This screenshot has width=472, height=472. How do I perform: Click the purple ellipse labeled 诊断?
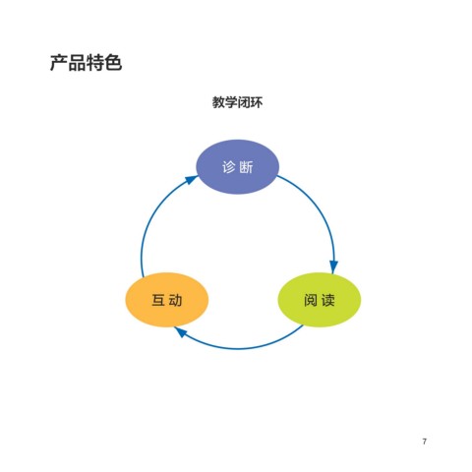click(237, 167)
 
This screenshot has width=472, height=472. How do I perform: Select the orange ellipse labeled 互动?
click(167, 300)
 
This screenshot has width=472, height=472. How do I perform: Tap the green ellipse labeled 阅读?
click(320, 300)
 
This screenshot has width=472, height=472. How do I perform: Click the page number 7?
click(425, 442)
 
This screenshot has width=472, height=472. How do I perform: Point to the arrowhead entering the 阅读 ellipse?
click(333, 267)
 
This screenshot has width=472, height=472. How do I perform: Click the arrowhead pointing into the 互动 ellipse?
click(181, 332)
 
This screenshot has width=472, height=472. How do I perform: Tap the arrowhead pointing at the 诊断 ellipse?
click(191, 180)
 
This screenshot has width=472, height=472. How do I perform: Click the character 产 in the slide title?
click(59, 63)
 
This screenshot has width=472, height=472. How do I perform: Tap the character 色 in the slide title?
click(113, 63)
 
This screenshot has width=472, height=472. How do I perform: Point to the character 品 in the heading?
click(77, 63)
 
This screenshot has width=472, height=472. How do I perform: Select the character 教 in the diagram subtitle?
click(218, 102)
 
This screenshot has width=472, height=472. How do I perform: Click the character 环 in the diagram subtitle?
click(257, 102)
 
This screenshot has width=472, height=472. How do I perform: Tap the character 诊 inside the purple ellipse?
click(229, 167)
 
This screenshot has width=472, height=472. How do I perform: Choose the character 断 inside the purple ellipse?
click(246, 167)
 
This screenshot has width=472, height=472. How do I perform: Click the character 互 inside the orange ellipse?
click(158, 300)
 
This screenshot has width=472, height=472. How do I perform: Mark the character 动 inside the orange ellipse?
click(176, 300)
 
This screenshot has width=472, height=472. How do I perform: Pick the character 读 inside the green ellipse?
click(328, 300)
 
